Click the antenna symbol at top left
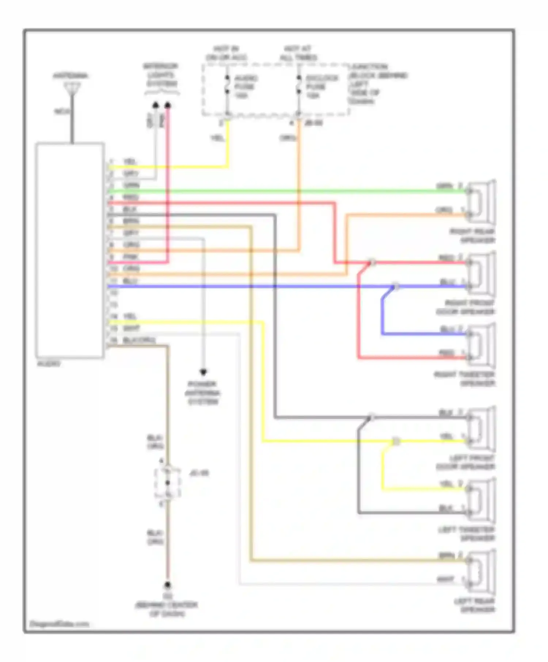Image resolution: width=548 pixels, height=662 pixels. pyautogui.click(x=72, y=89)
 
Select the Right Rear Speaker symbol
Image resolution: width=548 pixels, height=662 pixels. pyautogui.click(x=482, y=203)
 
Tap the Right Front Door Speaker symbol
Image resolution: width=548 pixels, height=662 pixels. pyautogui.click(x=482, y=274)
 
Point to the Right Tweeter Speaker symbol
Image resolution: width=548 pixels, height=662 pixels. pyautogui.click(x=482, y=345)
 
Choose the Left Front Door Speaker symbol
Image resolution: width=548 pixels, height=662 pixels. pyautogui.click(x=482, y=429)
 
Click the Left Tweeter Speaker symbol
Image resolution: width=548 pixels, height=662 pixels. pyautogui.click(x=482, y=500)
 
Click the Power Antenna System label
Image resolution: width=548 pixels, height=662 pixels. pyautogui.click(x=203, y=393)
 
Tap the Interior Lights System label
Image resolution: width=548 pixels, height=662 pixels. pyautogui.click(x=160, y=75)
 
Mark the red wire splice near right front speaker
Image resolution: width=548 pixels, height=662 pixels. pyautogui.click(x=372, y=262)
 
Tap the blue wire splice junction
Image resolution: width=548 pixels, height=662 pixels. pyautogui.click(x=395, y=287)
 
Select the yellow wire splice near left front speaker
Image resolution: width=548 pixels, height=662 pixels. pyautogui.click(x=396, y=442)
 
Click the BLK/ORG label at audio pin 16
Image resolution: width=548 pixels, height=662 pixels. pyautogui.click(x=139, y=340)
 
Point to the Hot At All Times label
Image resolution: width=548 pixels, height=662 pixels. pyautogui.click(x=298, y=53)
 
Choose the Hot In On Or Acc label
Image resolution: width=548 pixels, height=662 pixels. pyautogui.click(x=226, y=53)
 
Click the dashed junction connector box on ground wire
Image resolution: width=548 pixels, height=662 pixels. pyautogui.click(x=168, y=483)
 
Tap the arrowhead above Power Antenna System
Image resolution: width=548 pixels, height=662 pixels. pyautogui.click(x=203, y=373)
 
